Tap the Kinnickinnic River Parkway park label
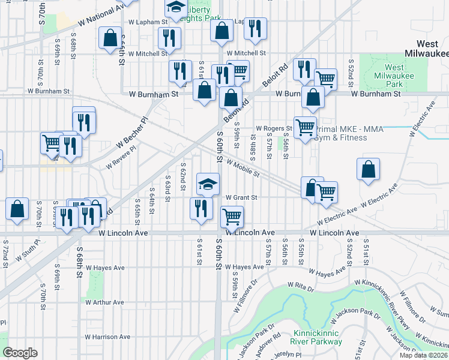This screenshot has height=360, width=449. (x=318, y=337)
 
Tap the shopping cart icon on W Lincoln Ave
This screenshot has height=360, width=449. (x=232, y=216)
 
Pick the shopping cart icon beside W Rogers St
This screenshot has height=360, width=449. (x=305, y=127)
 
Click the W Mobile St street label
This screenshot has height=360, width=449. (x=243, y=170)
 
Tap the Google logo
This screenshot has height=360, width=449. (x=20, y=353)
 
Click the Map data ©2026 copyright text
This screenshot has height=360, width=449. (x=424, y=356)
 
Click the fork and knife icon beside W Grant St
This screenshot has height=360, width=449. (x=200, y=208)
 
